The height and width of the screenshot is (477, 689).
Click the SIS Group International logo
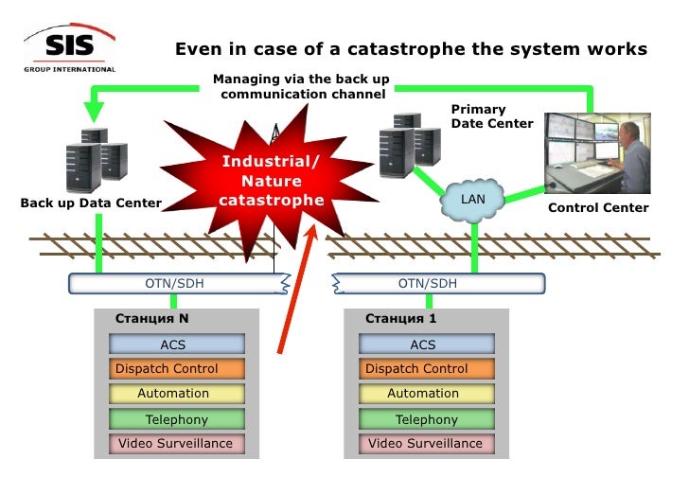tap(69, 49)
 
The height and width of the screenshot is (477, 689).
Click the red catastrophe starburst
tap(272, 180)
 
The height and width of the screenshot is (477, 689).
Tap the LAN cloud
tap(471, 200)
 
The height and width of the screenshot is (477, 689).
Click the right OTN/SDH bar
tap(438, 283)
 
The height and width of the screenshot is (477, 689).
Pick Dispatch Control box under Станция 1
tap(423, 369)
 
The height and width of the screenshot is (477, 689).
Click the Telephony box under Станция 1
tap(423, 418)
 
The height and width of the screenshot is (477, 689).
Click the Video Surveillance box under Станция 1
tap(423, 443)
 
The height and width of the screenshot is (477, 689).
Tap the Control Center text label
tap(598, 208)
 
